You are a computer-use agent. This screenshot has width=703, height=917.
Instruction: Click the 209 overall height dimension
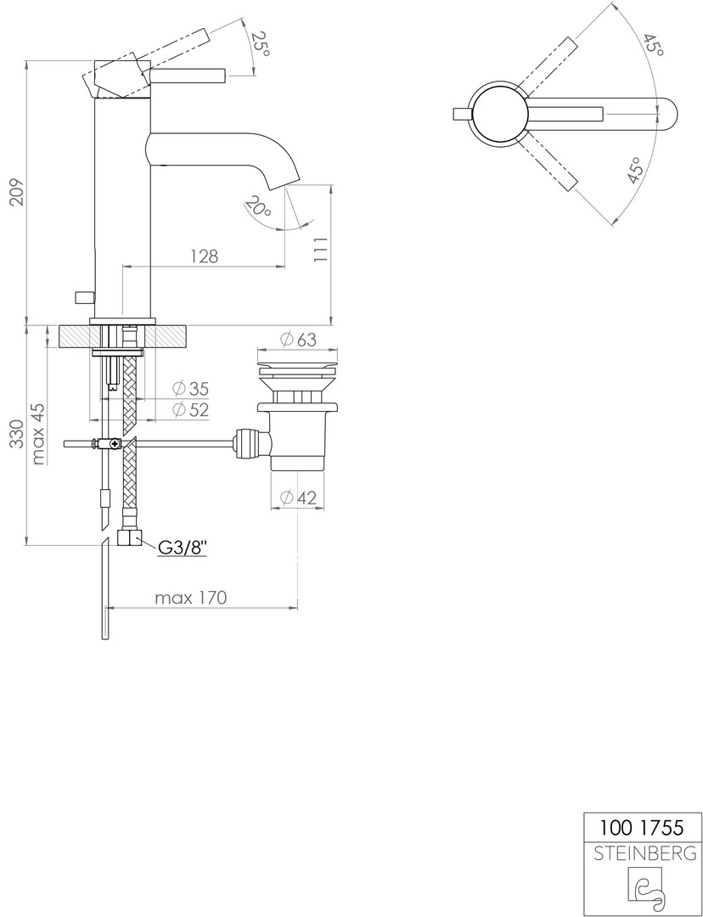click(x=18, y=191)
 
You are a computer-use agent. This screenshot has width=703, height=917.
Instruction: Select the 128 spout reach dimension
click(x=204, y=256)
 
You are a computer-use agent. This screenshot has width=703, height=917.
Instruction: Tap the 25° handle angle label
click(x=261, y=44)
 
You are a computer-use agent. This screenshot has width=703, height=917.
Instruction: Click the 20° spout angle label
click(x=258, y=208)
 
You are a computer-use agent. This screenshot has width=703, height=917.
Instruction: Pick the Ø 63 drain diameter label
click(x=297, y=339)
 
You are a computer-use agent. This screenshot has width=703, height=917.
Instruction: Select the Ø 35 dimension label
click(x=191, y=388)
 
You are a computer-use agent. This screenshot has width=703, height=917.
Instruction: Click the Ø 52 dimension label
click(x=191, y=409)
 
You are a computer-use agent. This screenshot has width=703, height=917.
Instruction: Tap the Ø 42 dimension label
click(x=298, y=498)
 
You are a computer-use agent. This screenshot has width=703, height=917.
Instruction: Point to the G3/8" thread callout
click(x=183, y=548)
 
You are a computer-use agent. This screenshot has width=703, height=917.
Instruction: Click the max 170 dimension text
click(x=190, y=598)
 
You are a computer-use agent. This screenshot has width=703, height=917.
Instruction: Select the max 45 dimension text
click(x=38, y=434)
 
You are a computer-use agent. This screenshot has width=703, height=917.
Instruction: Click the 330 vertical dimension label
click(x=18, y=434)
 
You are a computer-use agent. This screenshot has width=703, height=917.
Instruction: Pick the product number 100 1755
click(x=641, y=828)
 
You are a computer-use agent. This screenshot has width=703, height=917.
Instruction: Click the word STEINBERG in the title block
click(x=644, y=854)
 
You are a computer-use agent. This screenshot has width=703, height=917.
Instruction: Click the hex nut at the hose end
click(x=129, y=537)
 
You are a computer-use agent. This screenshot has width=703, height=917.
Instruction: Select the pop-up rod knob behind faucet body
click(x=84, y=298)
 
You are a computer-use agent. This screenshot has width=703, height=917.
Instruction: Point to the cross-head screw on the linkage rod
click(x=114, y=444)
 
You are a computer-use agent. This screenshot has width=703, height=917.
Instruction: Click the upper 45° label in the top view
click(x=653, y=45)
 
